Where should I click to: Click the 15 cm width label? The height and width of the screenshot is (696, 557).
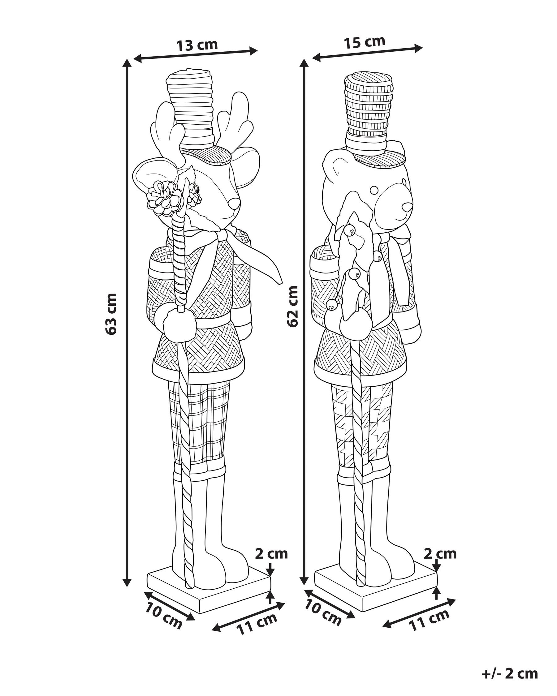tap(365, 42)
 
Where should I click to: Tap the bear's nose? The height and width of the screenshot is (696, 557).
tap(407, 207)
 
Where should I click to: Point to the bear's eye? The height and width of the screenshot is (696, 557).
tap(374, 190)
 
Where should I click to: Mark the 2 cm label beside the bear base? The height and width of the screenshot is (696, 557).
tap(440, 554)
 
